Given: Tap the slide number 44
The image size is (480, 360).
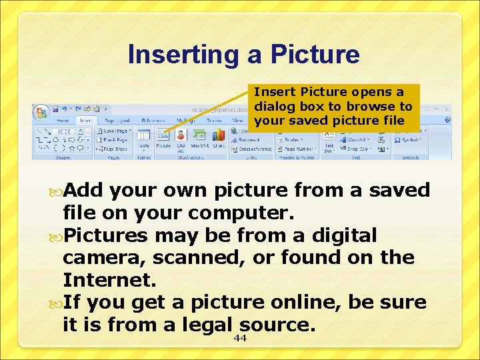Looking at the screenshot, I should point(240,339).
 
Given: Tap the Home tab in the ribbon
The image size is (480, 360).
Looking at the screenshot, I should point(63,121).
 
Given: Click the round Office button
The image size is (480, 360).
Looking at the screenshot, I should point(41,111).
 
